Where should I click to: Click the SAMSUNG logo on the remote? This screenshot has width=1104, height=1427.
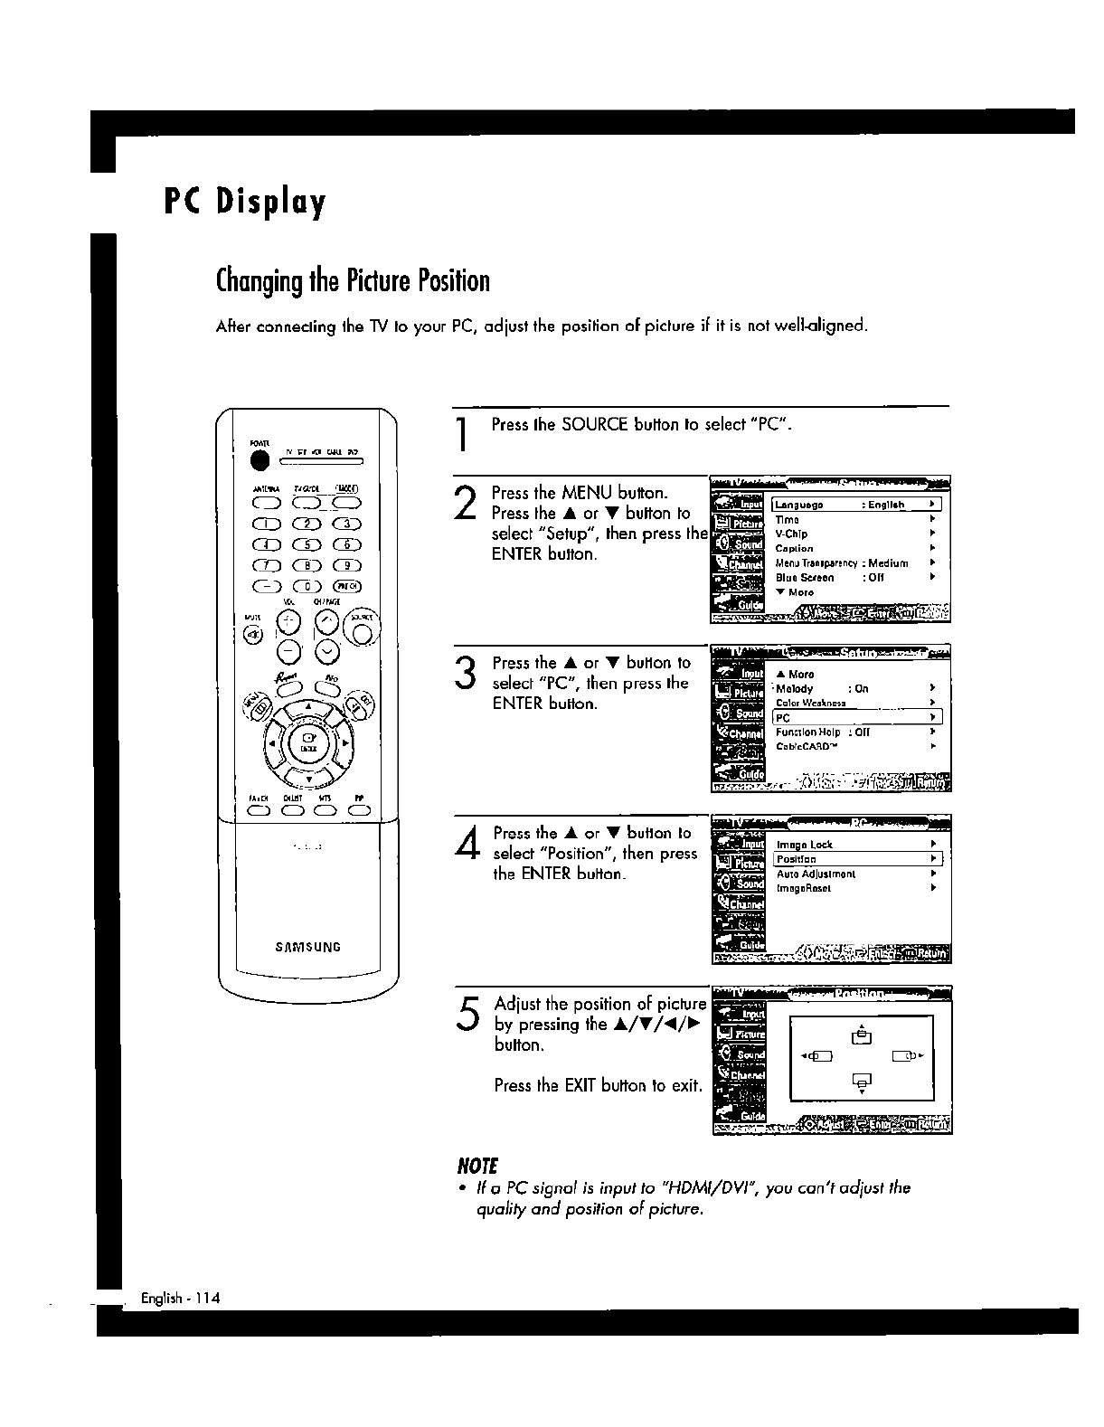pos(308,948)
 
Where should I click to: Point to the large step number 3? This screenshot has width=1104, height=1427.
pos(466,675)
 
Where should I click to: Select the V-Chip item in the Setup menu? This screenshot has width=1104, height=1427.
pos(792,534)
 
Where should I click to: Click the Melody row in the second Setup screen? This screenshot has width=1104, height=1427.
pos(796,688)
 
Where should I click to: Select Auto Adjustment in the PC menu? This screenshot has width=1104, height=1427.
pos(816,874)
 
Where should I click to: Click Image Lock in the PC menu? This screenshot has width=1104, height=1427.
pos(805,845)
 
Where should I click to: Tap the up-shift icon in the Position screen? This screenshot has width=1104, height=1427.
pos(862,1035)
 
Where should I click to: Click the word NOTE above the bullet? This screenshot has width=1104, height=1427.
pos(480,1166)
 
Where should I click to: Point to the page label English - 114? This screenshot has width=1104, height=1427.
pos(181,1299)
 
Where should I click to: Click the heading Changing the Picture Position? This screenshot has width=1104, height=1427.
pos(353,281)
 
